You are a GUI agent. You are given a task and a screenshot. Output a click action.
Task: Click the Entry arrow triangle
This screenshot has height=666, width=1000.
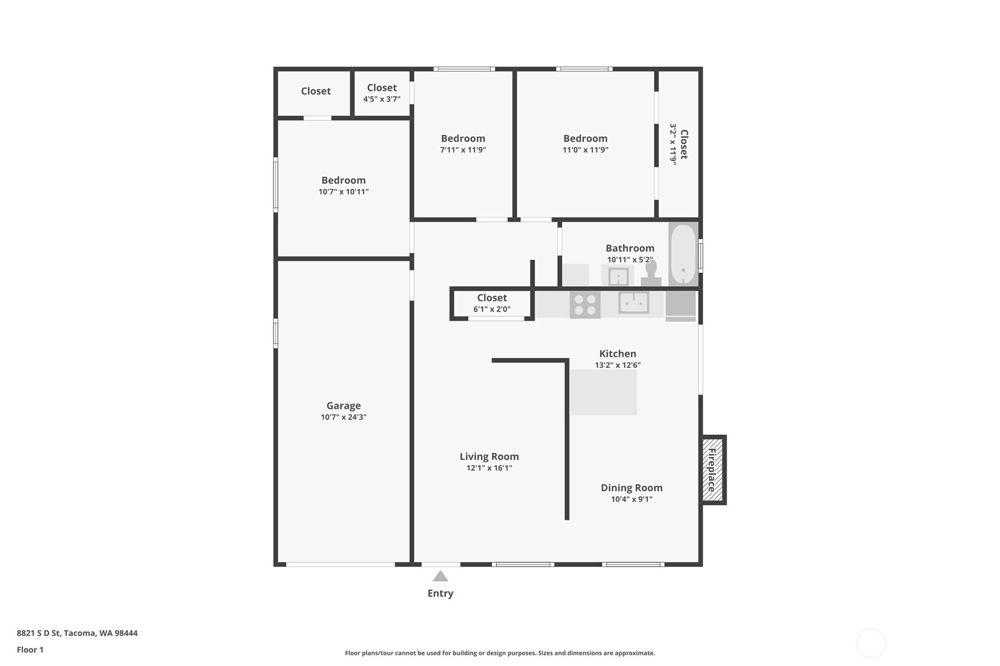(440, 576)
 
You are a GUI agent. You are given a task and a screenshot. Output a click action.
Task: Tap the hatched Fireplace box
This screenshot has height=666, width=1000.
(712, 470)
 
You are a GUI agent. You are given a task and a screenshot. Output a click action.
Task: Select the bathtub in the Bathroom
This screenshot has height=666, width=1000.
(683, 254)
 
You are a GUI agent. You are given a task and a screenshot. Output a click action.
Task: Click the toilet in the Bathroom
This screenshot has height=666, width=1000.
(651, 273)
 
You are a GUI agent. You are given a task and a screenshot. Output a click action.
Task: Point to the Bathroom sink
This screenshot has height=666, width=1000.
(618, 276)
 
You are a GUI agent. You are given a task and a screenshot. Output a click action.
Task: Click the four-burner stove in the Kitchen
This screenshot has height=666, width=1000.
(585, 305)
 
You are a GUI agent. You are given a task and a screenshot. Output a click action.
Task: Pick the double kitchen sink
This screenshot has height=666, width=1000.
(634, 303)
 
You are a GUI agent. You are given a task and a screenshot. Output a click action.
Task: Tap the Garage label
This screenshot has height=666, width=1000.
(344, 406)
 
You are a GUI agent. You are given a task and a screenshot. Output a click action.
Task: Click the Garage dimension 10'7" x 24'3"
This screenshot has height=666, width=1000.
(344, 417)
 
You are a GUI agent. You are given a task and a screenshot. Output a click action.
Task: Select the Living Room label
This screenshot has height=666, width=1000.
(489, 456)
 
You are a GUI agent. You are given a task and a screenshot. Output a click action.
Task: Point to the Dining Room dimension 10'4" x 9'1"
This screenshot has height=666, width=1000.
(632, 499)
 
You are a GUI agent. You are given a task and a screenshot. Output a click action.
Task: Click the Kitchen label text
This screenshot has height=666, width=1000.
(618, 353)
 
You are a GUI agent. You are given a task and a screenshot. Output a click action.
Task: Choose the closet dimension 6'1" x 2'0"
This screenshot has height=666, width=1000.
(492, 309)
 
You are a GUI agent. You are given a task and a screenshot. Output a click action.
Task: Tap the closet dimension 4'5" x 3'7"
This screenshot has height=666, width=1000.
(382, 99)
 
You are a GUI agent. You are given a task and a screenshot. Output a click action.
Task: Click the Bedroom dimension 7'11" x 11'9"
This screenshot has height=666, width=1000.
(463, 150)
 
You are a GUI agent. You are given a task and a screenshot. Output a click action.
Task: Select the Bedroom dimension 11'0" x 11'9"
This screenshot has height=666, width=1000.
(585, 150)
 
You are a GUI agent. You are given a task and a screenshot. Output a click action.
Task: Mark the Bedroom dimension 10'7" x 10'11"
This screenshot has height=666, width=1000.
(344, 192)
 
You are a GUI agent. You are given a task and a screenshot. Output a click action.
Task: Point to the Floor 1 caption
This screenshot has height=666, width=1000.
(31, 650)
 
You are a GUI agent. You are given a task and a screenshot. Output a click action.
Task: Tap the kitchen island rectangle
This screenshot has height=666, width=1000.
(603, 393)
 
